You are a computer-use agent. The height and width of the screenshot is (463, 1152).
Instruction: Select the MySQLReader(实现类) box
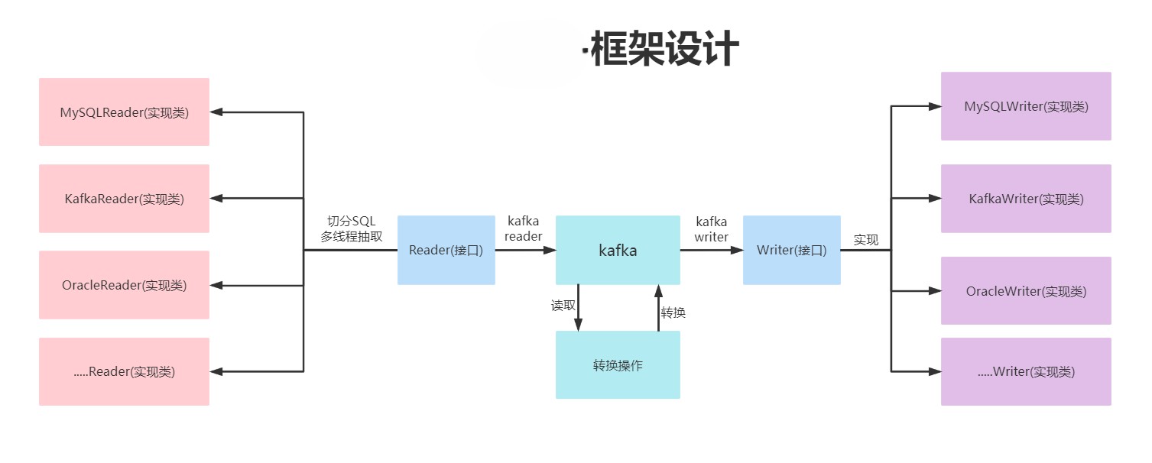click(x=124, y=112)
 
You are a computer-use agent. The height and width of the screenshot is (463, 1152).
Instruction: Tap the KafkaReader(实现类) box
click(x=124, y=199)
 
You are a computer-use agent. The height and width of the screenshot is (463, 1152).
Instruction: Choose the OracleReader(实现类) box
click(x=124, y=285)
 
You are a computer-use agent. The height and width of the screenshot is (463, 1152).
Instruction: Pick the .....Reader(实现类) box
click(x=124, y=372)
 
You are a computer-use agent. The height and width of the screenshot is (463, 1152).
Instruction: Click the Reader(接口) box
click(x=446, y=250)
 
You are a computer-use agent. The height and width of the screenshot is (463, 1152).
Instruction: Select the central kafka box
click(x=618, y=250)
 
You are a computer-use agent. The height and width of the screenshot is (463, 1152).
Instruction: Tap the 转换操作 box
click(x=618, y=365)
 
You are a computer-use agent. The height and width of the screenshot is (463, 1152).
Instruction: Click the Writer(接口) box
click(x=791, y=250)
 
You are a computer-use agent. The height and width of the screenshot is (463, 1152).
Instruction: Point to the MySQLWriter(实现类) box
click(x=1026, y=106)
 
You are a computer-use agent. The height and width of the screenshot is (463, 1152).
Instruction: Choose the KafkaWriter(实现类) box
click(x=1026, y=199)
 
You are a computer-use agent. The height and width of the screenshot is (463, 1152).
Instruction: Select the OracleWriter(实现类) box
click(x=1026, y=291)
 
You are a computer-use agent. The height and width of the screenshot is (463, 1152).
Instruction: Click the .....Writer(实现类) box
click(x=1026, y=372)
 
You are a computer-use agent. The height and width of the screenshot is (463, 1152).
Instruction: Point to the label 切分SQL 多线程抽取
click(x=352, y=228)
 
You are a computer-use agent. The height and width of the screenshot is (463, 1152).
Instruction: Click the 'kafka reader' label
click(x=523, y=228)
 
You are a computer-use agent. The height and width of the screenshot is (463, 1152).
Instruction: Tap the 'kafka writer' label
click(x=711, y=228)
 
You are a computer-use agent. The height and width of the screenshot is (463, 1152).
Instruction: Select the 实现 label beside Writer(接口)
click(x=866, y=240)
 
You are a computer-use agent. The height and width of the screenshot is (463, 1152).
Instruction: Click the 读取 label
click(x=563, y=306)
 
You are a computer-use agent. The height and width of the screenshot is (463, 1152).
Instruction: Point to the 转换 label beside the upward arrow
click(x=673, y=312)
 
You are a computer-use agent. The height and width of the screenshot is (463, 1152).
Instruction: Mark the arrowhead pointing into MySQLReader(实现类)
click(x=216, y=112)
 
